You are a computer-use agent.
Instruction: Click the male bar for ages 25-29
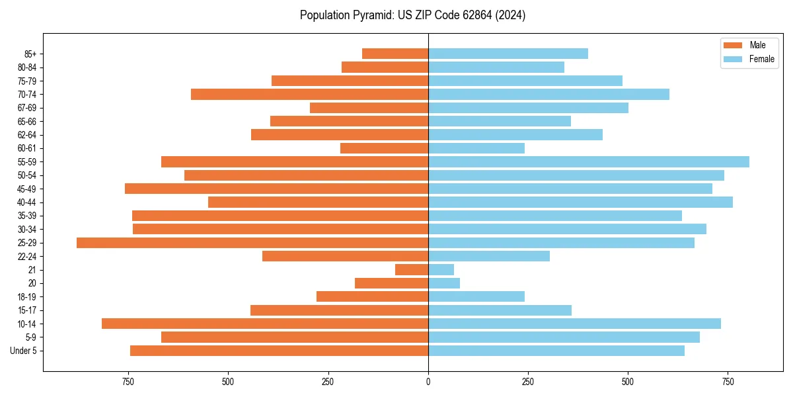tap(252, 243)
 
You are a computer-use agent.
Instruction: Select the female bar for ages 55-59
tap(589, 162)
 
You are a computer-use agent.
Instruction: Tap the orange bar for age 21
tap(412, 270)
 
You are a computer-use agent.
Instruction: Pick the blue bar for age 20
tap(444, 283)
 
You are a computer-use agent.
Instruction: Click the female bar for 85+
tap(508, 54)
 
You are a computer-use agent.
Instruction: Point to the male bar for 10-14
tap(265, 324)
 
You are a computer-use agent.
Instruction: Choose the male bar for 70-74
tap(310, 95)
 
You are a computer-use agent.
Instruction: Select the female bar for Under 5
tap(556, 351)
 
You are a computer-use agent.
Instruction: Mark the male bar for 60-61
tap(385, 148)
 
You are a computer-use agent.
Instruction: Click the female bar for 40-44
tap(580, 202)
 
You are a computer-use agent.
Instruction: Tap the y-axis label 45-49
tap(27, 189)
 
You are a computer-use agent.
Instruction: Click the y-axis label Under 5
tap(23, 351)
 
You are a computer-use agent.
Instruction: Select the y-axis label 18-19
tap(27, 297)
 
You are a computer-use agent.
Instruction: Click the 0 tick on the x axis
tap(428, 382)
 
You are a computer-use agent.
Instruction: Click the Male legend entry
tap(757, 45)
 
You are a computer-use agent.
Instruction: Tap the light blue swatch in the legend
tap(734, 59)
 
